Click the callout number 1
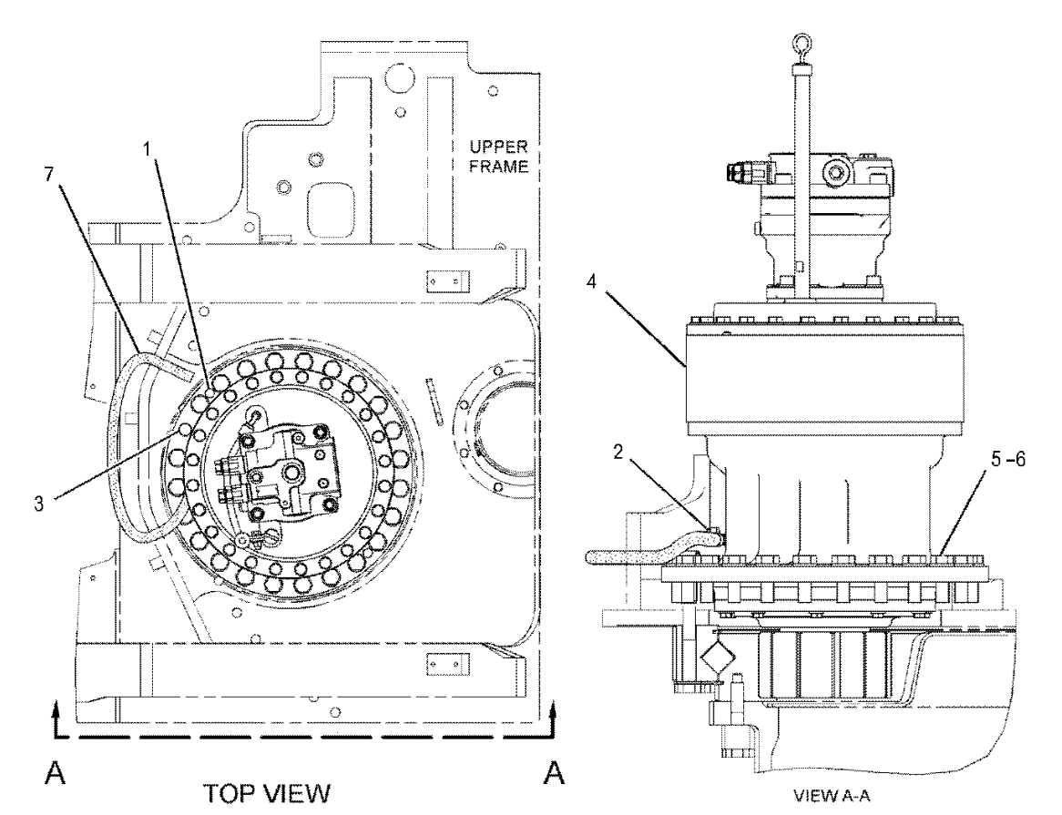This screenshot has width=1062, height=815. point(148,149)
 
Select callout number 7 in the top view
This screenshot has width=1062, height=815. point(48,174)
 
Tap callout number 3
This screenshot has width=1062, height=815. point(39,504)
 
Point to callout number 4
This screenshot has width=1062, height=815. point(591,281)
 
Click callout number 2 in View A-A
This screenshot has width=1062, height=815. point(618,453)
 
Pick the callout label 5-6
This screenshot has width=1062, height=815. point(1008,460)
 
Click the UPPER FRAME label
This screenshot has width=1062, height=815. point(498,157)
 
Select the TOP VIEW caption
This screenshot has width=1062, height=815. point(268,793)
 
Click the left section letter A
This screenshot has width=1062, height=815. point(56,772)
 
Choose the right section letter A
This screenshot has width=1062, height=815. point(554,772)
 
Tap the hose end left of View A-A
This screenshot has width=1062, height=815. point(588,557)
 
